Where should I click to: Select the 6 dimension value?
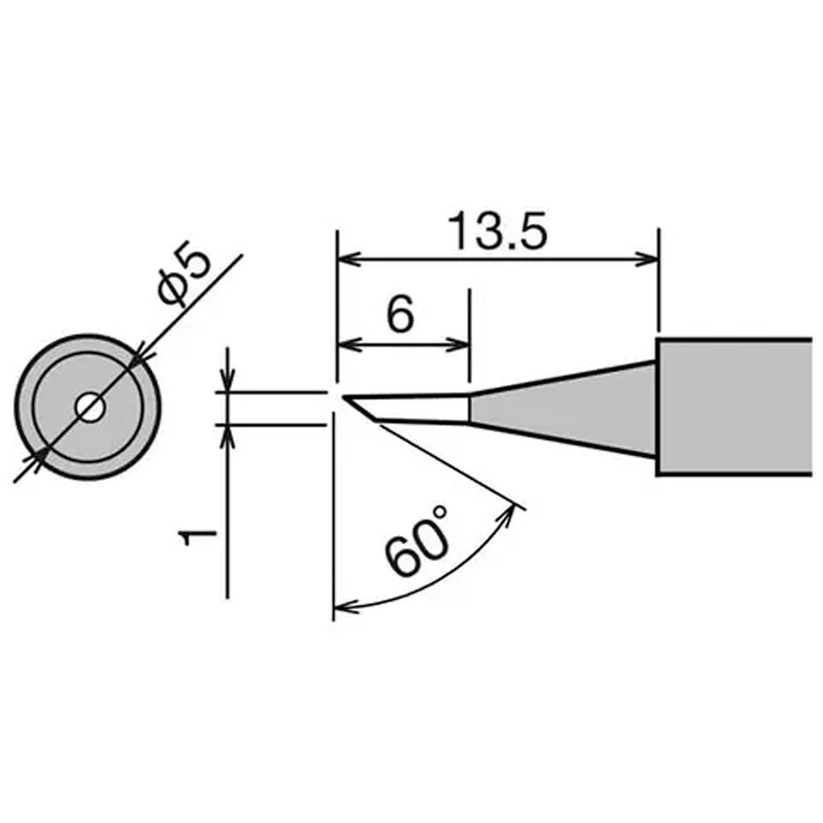tap(399, 316)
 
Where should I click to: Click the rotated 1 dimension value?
tap(194, 537)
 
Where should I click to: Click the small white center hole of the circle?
tap(88, 407)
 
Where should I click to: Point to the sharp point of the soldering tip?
tap(344, 396)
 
